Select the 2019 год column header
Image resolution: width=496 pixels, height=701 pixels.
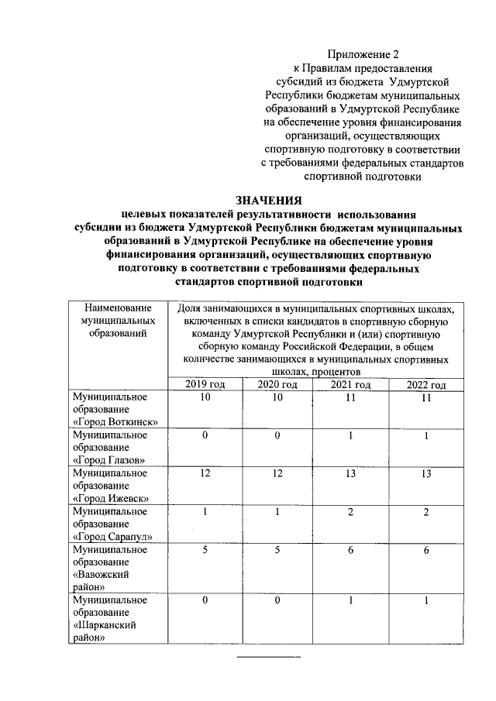205,384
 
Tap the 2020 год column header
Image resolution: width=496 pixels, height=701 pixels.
277,384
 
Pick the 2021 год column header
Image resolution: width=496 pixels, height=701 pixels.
350,384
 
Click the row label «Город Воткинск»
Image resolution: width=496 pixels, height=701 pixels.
115,421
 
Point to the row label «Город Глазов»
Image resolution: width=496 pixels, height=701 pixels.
110,459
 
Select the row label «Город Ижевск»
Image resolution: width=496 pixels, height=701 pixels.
111,497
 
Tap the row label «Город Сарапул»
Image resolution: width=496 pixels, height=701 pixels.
113,536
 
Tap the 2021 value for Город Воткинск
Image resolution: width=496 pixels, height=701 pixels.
350,397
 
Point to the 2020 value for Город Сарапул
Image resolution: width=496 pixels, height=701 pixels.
277,512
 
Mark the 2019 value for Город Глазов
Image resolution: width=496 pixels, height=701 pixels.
205,435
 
